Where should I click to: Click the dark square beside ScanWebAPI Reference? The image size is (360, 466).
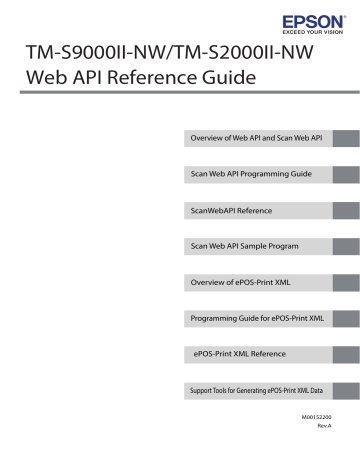(346, 211)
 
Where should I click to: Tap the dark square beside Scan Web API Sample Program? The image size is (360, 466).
(346, 246)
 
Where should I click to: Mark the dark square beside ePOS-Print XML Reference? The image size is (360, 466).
(346, 355)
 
